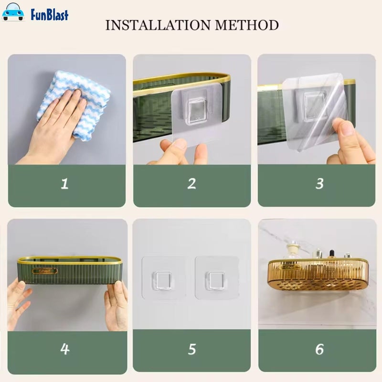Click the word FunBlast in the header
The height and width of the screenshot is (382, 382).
click(49, 14)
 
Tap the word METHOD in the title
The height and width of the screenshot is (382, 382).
click(252, 25)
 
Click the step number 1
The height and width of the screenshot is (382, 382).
click(64, 184)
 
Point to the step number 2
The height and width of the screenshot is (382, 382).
click(191, 184)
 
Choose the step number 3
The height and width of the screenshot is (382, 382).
click(319, 184)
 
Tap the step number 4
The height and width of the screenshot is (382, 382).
click(65, 349)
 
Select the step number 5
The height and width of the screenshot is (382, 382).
click(191, 349)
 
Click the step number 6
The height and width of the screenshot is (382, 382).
click(319, 349)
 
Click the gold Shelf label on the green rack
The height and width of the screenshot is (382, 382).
click(45, 271)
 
